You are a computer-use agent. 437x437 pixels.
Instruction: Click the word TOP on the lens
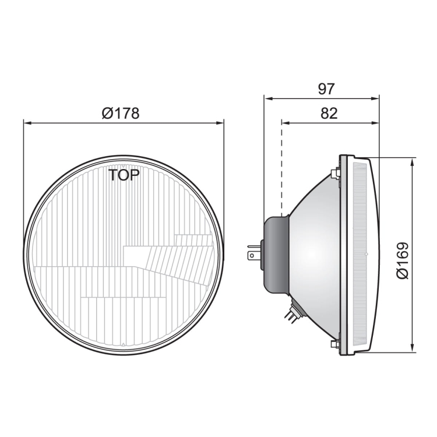124,175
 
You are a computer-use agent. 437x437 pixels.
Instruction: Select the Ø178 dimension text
121,113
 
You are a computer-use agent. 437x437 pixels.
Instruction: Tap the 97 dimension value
327,89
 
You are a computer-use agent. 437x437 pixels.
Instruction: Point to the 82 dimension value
329,113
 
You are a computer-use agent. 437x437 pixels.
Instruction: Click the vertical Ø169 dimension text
403,260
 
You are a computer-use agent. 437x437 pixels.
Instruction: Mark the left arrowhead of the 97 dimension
268,98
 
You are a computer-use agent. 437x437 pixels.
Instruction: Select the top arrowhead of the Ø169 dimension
413,161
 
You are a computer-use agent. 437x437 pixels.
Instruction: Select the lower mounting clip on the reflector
335,344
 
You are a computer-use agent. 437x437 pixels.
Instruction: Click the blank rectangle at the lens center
135,255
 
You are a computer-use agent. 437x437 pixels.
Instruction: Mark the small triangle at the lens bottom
123,347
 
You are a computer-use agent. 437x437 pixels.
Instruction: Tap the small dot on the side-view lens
366,255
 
